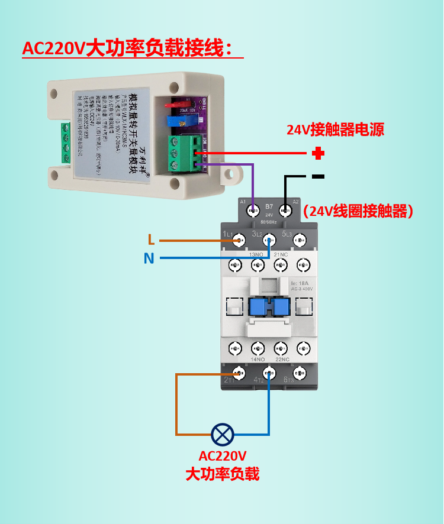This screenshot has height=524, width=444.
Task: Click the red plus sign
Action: pyautogui.click(x=318, y=154)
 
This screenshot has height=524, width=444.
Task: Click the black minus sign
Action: pyautogui.click(x=318, y=176)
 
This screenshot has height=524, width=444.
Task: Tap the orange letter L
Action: pyautogui.click(x=152, y=240)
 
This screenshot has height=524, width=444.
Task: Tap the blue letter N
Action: pyautogui.click(x=149, y=258)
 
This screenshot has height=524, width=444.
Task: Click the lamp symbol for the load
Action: pyautogui.click(x=223, y=435)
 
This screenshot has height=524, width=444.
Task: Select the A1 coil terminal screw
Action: pyautogui.click(x=253, y=209)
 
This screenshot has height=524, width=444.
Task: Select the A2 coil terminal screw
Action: pyautogui.click(x=285, y=209)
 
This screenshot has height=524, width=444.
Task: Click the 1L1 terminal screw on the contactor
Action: pyautogui.click(x=239, y=240)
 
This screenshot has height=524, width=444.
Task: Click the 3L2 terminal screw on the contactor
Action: pyautogui.click(x=269, y=240)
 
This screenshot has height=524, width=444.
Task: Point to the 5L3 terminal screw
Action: pyautogui.click(x=300, y=240)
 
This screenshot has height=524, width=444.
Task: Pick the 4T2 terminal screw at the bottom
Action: pyautogui.click(x=269, y=373)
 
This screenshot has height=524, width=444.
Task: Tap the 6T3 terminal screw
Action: pyautogui.click(x=300, y=373)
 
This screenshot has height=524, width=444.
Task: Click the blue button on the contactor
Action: pyautogui.click(x=269, y=306)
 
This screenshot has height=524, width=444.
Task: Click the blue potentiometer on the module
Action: pyautogui.click(x=176, y=121)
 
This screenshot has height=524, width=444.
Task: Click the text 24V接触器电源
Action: pyautogui.click(x=335, y=130)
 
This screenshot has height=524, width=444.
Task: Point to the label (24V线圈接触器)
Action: pyautogui.click(x=358, y=211)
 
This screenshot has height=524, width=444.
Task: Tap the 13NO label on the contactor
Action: pyautogui.click(x=256, y=254)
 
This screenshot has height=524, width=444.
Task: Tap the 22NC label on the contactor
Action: pyautogui.click(x=282, y=359)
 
